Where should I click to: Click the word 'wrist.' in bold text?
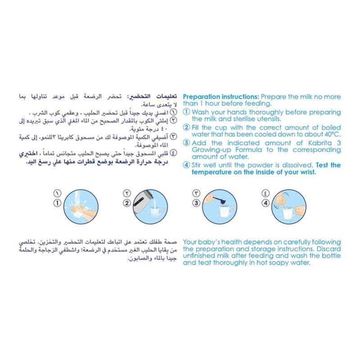[316, 172]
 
